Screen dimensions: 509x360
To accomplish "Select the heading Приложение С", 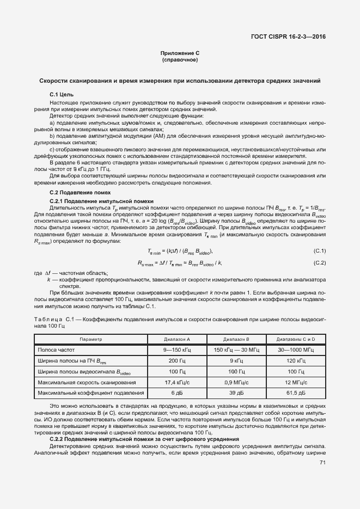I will point(180,53).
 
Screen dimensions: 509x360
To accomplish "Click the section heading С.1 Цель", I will point(58,95).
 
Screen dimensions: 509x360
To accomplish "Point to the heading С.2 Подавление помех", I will point(80,193).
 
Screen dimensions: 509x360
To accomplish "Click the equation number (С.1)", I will point(319,250).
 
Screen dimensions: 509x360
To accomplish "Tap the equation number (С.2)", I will point(319,263).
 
